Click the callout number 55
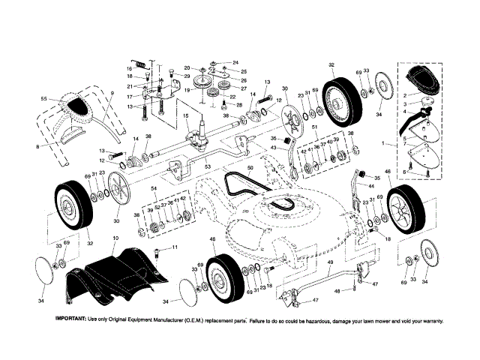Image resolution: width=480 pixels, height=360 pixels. tap(43, 99)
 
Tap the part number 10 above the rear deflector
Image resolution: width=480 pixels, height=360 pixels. tap(115, 238)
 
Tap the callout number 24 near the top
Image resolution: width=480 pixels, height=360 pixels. tap(235, 62)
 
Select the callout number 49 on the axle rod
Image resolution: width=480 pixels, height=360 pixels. tap(330, 262)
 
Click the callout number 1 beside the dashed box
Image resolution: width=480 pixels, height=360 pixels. tap(384, 142)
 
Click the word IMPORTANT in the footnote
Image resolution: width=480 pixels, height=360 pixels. tap(71, 319)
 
